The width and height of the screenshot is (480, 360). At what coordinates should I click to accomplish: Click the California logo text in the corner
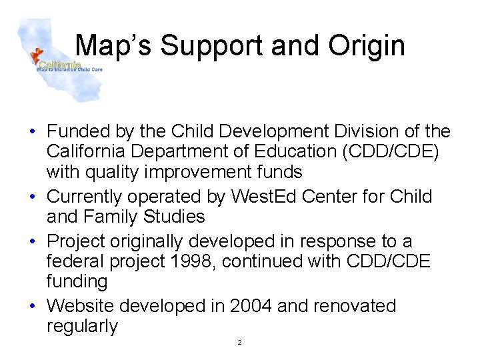tap(61, 65)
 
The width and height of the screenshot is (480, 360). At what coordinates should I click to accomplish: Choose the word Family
tap(109, 217)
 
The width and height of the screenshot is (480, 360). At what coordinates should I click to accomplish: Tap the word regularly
tap(82, 326)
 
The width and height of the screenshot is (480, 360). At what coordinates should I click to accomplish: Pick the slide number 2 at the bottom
tap(239, 343)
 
